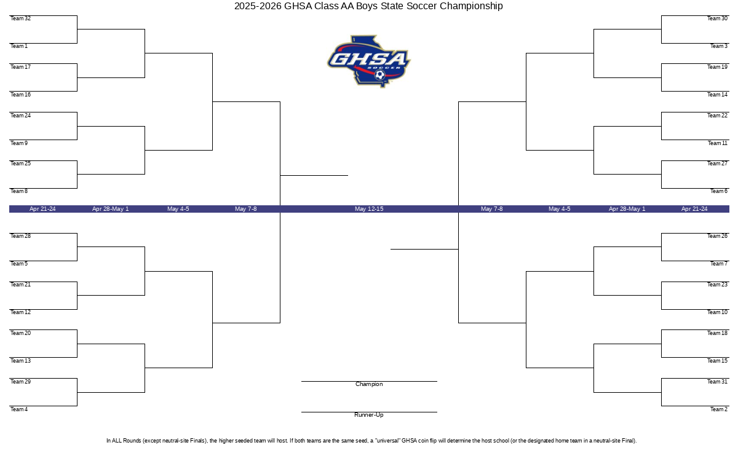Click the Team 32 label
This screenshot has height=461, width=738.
pos(20,18)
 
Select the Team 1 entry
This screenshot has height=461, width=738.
pos(19,46)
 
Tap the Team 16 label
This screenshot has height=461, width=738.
pos(20,95)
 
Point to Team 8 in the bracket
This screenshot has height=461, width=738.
pos(19,191)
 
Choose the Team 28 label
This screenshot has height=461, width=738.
pos(20,236)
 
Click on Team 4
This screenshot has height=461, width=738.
pos(19,409)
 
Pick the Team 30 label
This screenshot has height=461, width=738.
pos(717,18)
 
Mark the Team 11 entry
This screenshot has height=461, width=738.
pos(718,143)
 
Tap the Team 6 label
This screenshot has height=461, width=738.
pos(719,191)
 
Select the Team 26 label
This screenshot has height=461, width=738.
pos(717,236)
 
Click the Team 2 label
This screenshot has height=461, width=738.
pos(719,409)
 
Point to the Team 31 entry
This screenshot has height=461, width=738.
pos(717,382)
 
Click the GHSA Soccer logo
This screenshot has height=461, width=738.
pos(369,61)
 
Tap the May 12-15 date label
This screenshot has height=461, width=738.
pos(369,209)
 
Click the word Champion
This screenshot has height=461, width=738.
pos(369,384)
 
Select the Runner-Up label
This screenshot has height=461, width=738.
pos(369,415)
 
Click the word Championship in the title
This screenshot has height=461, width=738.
pos(471,6)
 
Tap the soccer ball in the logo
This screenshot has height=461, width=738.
pos(380,75)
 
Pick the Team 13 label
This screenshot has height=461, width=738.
pos(20,361)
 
